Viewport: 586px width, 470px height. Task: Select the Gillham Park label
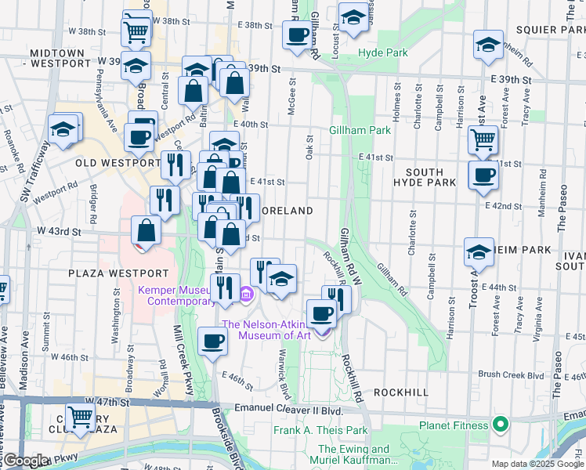tap(360, 130)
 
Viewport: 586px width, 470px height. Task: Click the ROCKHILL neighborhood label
tap(401, 391)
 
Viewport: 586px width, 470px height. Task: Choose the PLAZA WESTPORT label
tap(118, 273)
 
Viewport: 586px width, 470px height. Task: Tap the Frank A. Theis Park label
tap(320, 430)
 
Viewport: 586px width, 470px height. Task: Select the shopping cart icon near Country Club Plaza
tap(80, 417)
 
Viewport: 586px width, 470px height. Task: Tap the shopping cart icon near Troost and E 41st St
tap(483, 140)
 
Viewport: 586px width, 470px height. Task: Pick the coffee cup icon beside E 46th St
tap(212, 341)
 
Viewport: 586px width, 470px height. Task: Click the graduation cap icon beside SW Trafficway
tap(63, 128)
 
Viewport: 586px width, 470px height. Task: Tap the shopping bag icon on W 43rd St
tap(146, 230)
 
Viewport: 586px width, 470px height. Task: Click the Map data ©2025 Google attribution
tap(537, 463)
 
